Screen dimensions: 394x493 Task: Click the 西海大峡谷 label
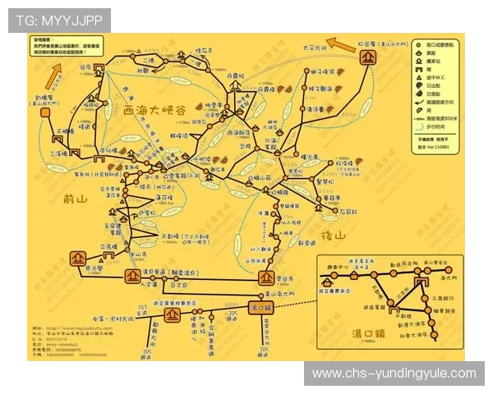pyautogui.click(x=156, y=110)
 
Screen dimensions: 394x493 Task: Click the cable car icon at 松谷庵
pyautogui.click(x=369, y=57)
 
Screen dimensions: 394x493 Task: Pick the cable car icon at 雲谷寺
pyautogui.click(x=265, y=277)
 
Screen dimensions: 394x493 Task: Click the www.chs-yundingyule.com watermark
pyautogui.click(x=394, y=373)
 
